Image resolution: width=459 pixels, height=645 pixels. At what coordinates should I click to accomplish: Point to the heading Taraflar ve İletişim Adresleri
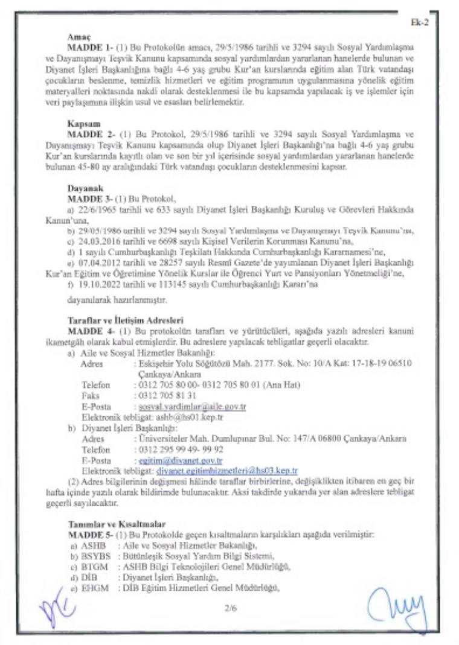pos(126,320)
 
